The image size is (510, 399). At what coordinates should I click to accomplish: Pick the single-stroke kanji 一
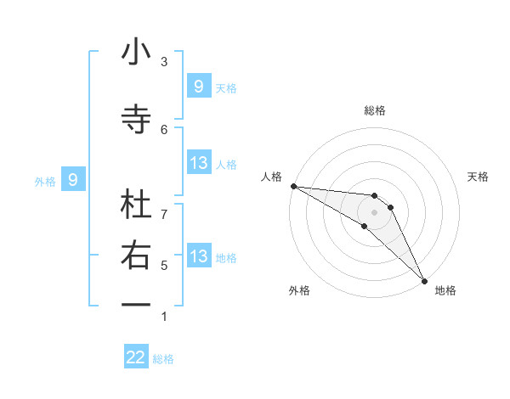pos(136,304)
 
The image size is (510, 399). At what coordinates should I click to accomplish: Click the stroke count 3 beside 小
pos(164,61)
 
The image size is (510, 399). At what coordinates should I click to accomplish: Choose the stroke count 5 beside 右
pos(164,265)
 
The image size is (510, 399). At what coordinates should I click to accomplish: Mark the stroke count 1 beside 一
pos(164,317)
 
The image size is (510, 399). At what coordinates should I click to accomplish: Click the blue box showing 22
pos(136,357)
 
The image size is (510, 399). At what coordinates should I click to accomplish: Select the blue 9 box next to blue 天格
pos(198,86)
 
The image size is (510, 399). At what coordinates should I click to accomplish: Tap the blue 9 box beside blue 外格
pos(73,179)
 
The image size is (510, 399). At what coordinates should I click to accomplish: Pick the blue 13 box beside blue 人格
pos(198,163)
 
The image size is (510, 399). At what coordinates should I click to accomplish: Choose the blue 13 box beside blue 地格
pos(198,256)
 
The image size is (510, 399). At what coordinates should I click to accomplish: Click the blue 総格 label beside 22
pos(163,359)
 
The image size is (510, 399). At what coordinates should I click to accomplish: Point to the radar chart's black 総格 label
pos(375,110)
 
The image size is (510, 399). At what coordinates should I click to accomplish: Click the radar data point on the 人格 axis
pos(293,186)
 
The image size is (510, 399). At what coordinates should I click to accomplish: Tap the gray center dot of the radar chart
pos(375,212)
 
